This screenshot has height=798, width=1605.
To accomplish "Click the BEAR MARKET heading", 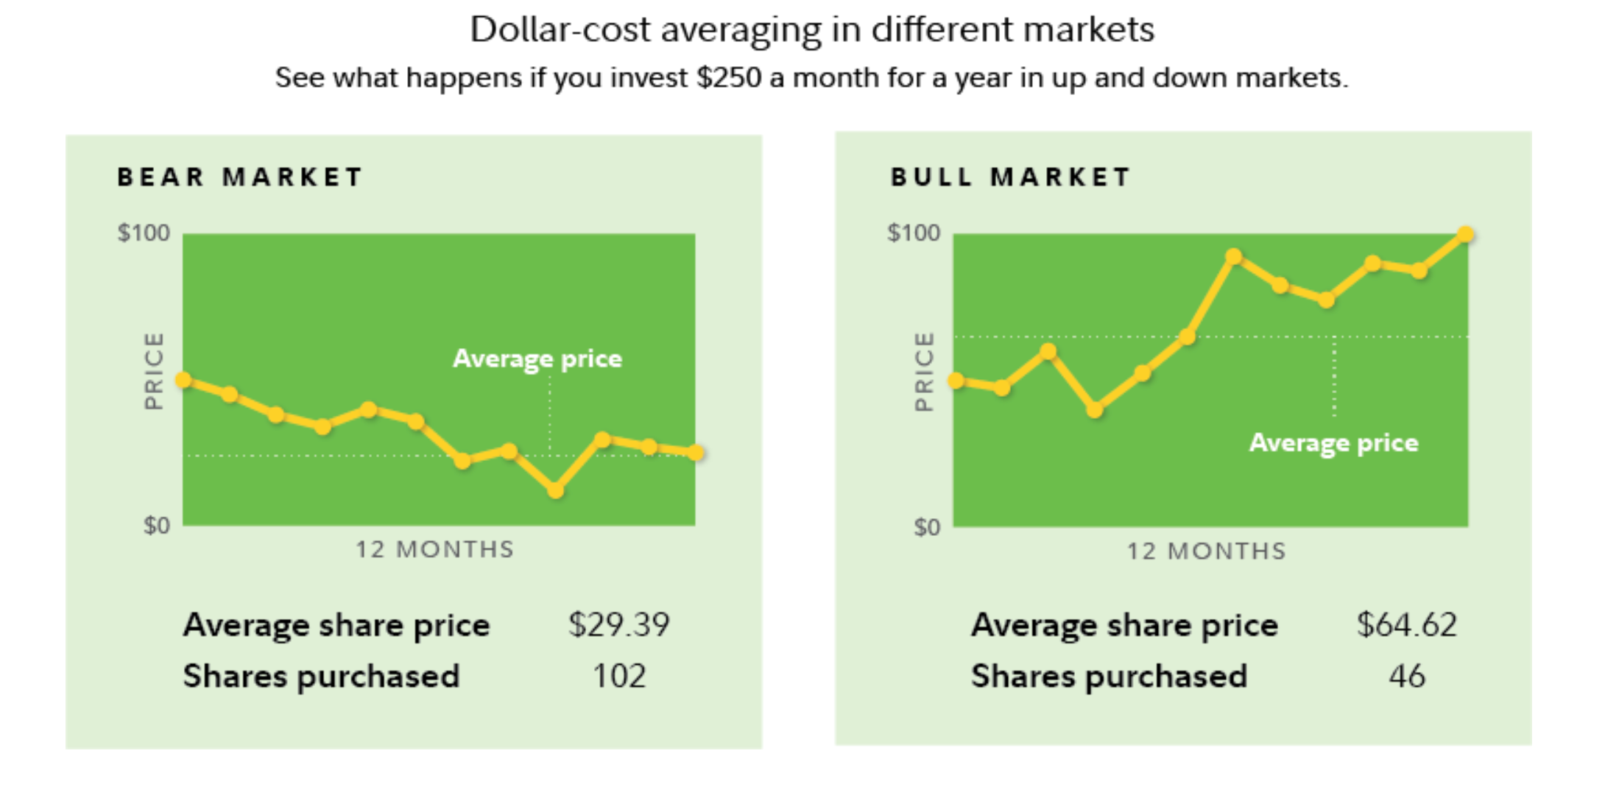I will pos(240,177).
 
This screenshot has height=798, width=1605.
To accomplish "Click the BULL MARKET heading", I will pos(1010,177).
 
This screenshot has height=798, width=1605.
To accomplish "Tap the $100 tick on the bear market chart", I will pos(144,233).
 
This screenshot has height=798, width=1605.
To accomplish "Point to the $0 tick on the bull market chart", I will pos(927,527).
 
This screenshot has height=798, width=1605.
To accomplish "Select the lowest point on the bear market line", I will pos(556,490).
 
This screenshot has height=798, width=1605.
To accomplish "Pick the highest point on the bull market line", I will pos(1465,235).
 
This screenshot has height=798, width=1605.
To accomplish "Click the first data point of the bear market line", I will pos(184,381).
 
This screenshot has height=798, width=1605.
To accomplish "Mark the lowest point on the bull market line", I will pos(1095,410).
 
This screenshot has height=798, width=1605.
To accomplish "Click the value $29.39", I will pos(618,625).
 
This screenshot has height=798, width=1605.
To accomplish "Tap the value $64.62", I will pos(1406,625).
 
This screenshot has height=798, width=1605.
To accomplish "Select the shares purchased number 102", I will pos(619,676).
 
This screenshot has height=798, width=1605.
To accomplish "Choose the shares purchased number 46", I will pos(1407,676).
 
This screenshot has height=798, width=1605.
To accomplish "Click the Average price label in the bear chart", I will pos(537,359).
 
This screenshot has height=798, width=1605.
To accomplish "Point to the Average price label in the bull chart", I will pos(1333,442).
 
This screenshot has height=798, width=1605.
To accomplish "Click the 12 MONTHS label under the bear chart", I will pos(434,550).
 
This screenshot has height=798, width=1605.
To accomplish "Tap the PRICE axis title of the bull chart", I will pos(923,371).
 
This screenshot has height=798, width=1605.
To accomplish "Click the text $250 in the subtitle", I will pos(728,78).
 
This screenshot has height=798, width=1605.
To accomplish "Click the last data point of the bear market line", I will pos(696,453).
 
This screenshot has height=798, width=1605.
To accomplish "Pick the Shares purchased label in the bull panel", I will pos(1109,676).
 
